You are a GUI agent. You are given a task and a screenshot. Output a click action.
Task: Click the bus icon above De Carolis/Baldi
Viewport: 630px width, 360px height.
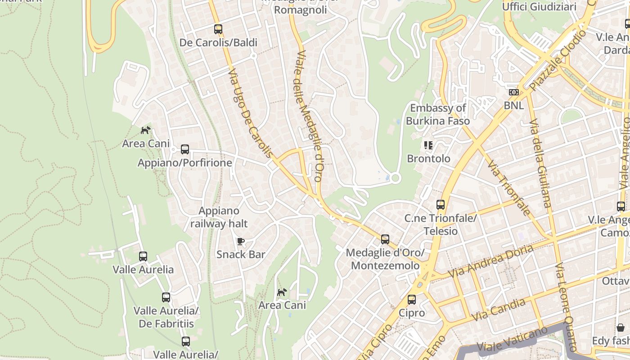click(218, 29)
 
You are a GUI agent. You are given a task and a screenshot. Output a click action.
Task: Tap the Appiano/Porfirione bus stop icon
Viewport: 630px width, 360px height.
click(185, 149)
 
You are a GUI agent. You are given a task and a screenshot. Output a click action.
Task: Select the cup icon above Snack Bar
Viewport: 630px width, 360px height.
click(241, 242)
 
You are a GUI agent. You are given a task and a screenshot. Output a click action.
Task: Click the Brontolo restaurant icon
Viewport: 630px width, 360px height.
click(428, 145)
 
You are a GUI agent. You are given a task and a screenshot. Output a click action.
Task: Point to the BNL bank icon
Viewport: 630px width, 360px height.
click(513, 92)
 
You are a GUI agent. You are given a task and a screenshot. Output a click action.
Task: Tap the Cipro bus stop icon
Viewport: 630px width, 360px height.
click(412, 300)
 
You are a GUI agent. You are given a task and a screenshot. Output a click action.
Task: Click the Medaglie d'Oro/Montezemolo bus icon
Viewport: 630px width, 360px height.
click(385, 239)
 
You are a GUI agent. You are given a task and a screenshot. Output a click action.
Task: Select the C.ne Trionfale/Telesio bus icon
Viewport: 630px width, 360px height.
click(441, 205)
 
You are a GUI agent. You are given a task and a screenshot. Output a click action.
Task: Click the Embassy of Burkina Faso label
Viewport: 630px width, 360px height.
click(438, 114)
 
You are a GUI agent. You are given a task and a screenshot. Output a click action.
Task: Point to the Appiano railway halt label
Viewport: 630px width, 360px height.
click(219, 217)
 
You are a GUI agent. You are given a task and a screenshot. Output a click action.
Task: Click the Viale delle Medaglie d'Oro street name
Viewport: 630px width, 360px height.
click(310, 116)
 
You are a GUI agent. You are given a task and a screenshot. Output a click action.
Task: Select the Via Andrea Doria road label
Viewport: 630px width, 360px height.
click(491, 261)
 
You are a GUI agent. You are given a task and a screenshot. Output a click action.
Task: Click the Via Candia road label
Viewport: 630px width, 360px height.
click(498, 310)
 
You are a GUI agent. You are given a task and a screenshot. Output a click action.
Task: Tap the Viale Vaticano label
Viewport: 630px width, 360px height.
click(506, 341)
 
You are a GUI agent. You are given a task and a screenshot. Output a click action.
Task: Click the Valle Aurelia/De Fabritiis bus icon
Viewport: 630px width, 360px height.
click(166, 297)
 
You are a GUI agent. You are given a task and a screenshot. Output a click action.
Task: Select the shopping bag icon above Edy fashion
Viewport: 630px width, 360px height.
click(621, 328)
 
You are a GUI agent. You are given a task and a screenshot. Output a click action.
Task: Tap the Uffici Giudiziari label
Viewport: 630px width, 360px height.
click(539, 6)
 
